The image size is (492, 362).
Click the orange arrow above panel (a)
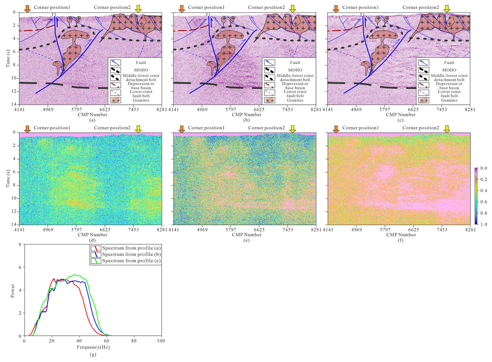click(x=27, y=9)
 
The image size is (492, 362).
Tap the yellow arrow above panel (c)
click(x=447, y=9)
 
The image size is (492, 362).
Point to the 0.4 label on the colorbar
click(x=484, y=191)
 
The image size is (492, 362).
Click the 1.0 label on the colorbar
click(x=484, y=224)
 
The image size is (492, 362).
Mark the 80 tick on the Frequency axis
click(x=134, y=341)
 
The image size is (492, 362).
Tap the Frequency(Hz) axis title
click(x=93, y=347)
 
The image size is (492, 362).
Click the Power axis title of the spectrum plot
click(x=12, y=291)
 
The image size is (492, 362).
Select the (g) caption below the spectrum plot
click(x=93, y=354)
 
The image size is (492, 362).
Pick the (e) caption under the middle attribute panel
click(x=246, y=240)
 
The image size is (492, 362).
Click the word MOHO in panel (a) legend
click(x=141, y=70)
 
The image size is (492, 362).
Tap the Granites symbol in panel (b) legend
click(x=269, y=100)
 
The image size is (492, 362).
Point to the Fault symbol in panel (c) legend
click(x=424, y=63)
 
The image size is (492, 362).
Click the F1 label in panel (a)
click(x=54, y=15)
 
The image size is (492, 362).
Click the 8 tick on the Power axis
click(x=20, y=245)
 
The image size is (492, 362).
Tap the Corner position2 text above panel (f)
click(x=420, y=128)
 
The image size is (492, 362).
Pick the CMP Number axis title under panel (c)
click(x=400, y=115)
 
